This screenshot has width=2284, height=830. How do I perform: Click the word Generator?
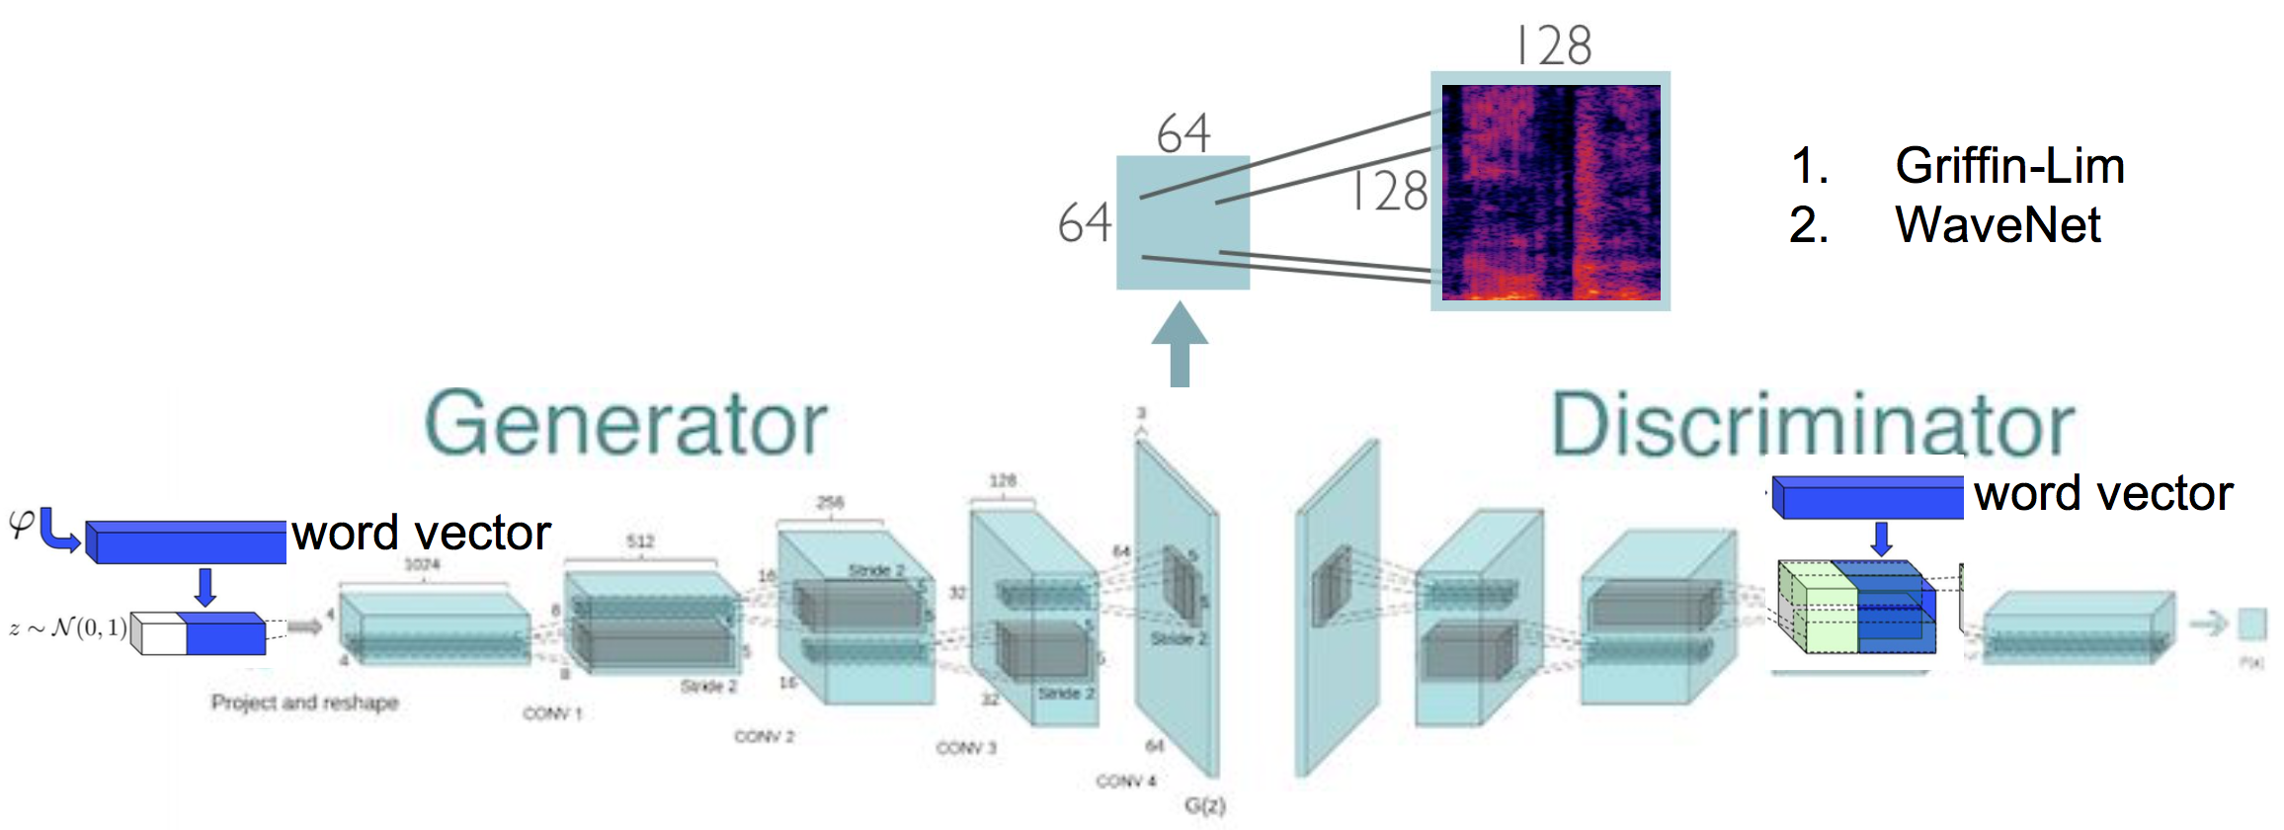[625, 425]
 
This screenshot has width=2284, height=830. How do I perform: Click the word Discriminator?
[1813, 425]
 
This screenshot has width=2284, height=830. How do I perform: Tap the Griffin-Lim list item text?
[2009, 165]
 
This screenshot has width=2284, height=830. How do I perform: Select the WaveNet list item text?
[1998, 224]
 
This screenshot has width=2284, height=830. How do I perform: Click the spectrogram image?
[1550, 192]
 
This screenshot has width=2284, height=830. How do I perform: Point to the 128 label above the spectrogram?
[1554, 45]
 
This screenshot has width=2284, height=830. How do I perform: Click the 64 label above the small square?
[1183, 133]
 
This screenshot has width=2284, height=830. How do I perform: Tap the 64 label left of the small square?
[1084, 222]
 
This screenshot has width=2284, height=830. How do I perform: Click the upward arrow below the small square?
[1180, 345]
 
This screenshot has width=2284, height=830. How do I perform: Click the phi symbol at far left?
[21, 523]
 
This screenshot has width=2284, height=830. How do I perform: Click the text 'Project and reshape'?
[304, 703]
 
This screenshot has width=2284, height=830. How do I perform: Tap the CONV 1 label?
[552, 713]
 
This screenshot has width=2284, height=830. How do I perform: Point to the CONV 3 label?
[965, 748]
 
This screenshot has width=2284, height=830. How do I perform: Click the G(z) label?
[1204, 805]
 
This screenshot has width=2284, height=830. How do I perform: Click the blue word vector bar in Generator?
[186, 541]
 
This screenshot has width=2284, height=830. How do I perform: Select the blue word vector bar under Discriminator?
[1866, 497]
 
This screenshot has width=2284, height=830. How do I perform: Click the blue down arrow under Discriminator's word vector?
[1881, 539]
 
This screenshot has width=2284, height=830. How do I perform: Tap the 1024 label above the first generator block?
[422, 564]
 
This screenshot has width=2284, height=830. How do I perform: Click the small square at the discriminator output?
[2251, 624]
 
